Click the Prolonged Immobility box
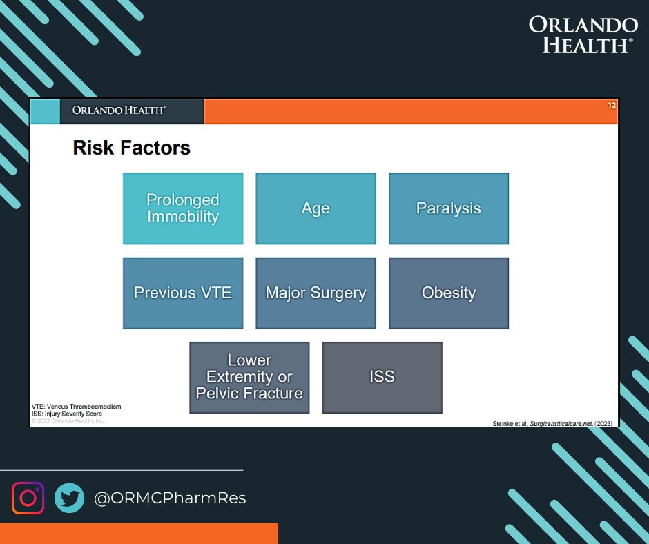(x=183, y=208)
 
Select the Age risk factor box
(x=316, y=208)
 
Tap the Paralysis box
(x=449, y=208)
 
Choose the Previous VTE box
(x=183, y=293)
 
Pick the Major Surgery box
(x=316, y=293)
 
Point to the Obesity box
(x=449, y=293)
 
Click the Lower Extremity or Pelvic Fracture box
(x=249, y=378)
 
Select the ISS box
(x=382, y=378)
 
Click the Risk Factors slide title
(x=132, y=148)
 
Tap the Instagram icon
(x=28, y=498)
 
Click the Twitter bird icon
(x=69, y=498)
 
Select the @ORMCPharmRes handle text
(x=170, y=498)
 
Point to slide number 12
(x=612, y=105)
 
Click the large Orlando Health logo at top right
(x=583, y=35)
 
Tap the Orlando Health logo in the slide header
(x=119, y=110)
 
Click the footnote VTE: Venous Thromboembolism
(x=76, y=407)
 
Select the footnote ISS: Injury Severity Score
(x=67, y=414)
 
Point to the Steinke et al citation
(x=552, y=423)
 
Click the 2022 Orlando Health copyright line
(x=68, y=421)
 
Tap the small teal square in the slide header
(x=45, y=111)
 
